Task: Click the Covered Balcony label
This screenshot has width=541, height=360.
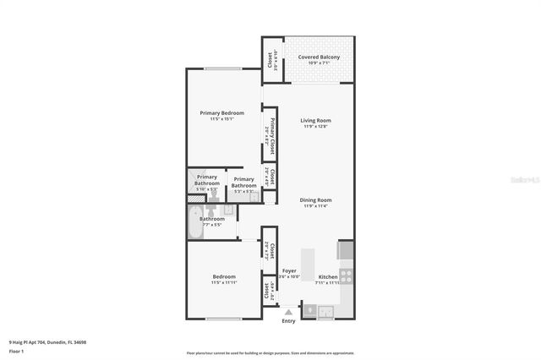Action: tap(319, 57)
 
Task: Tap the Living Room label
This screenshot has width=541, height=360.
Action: tap(315, 120)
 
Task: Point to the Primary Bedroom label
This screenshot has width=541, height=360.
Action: tap(221, 112)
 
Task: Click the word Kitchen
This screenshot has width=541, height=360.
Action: tap(328, 276)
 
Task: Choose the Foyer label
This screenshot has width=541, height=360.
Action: tap(289, 271)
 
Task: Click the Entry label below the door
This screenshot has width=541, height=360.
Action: tap(288, 320)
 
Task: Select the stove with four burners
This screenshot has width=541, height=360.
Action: tap(347, 275)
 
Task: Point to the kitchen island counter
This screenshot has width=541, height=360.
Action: tap(307, 263)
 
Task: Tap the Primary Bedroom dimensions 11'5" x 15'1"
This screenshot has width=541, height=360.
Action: tap(221, 119)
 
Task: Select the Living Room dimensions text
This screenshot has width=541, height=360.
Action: tap(315, 127)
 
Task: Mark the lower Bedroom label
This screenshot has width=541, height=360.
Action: tap(224, 276)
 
